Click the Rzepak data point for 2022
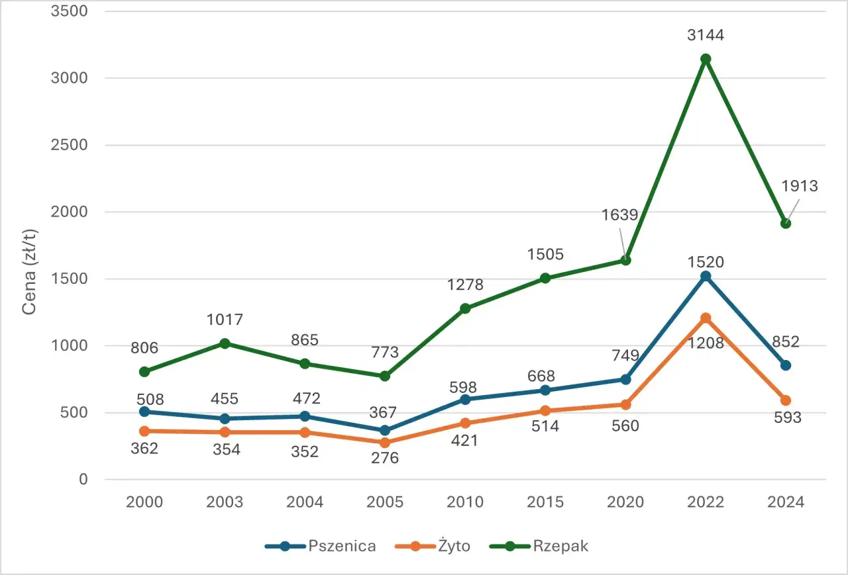tap(706, 59)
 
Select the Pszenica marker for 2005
tap(385, 430)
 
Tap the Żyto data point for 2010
tap(465, 423)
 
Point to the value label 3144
tap(706, 35)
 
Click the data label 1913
tap(799, 187)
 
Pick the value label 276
tap(385, 457)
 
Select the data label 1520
tap(706, 262)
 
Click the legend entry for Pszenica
tap(321, 546)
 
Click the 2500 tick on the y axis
tap(69, 145)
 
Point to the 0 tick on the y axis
tap(83, 479)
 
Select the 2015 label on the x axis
tap(545, 502)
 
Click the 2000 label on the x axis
tap(144, 502)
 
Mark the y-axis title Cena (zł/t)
tap(30, 271)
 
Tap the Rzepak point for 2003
tap(225, 343)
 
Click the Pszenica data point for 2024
tap(786, 365)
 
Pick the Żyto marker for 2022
tap(706, 318)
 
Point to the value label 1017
tap(225, 320)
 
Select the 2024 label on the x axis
tap(786, 502)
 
